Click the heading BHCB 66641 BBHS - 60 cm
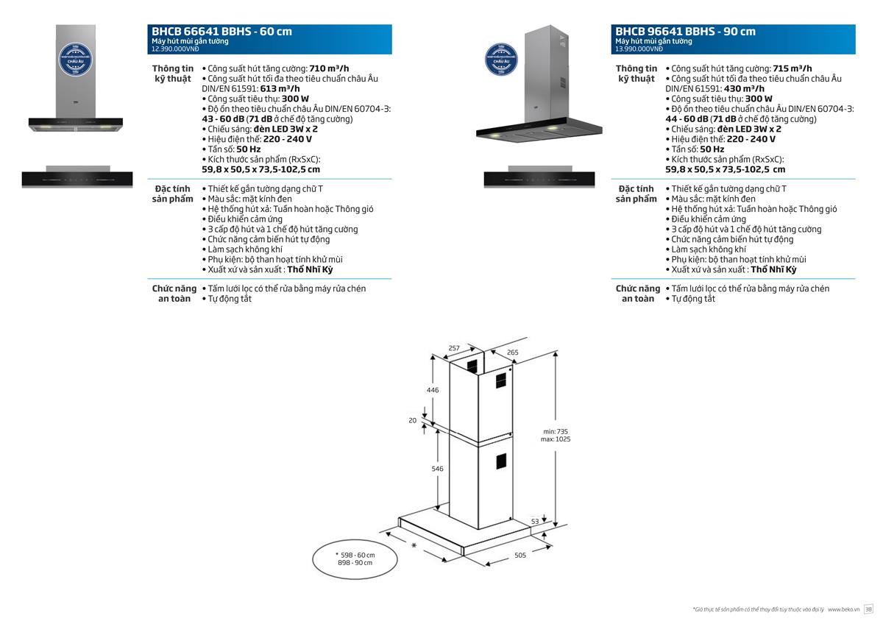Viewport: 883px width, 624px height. [221, 32]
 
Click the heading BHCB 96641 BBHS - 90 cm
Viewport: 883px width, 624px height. [685, 32]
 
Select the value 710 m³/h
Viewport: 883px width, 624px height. [329, 68]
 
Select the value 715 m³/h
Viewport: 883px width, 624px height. [792, 68]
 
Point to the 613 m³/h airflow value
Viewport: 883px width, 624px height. [280, 88]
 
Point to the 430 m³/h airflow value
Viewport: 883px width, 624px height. [744, 88]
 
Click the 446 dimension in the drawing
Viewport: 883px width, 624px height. [433, 390]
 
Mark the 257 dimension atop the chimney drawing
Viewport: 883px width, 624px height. [454, 347]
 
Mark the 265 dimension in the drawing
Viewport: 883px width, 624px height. [513, 352]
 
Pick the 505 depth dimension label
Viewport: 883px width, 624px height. [519, 556]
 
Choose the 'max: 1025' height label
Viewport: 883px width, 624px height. [556, 439]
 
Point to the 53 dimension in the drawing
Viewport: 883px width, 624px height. [535, 521]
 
